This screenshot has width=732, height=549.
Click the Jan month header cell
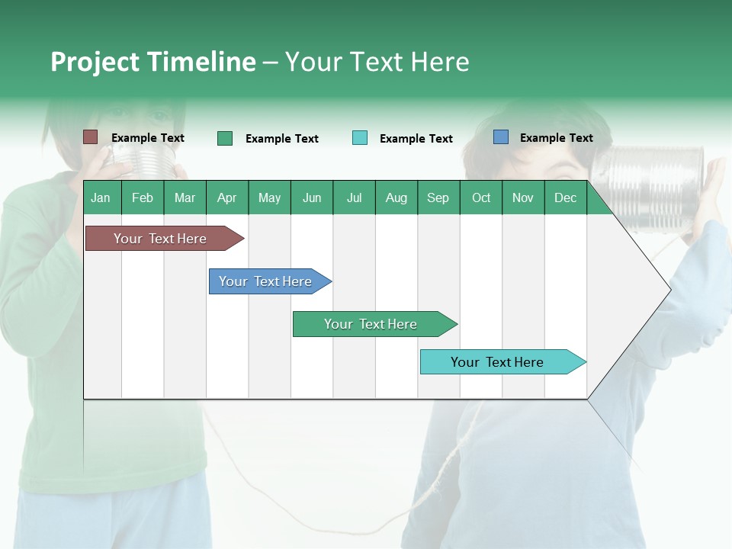click(x=101, y=197)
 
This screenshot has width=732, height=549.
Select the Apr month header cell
click(x=227, y=197)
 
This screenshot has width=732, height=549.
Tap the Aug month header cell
click(x=396, y=197)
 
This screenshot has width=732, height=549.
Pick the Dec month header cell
click(x=565, y=197)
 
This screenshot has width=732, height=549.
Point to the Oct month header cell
click(x=480, y=197)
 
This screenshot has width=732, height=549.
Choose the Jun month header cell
click(x=311, y=197)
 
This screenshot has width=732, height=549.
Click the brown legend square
click(x=91, y=137)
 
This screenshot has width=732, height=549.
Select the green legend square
click(x=225, y=138)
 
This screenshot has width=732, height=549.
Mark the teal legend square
click(x=360, y=138)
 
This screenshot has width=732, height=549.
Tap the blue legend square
click(x=501, y=137)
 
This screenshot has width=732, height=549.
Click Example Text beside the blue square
click(x=556, y=138)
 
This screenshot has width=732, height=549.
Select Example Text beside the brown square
click(x=147, y=138)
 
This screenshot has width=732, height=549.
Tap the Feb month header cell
click(x=143, y=197)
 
